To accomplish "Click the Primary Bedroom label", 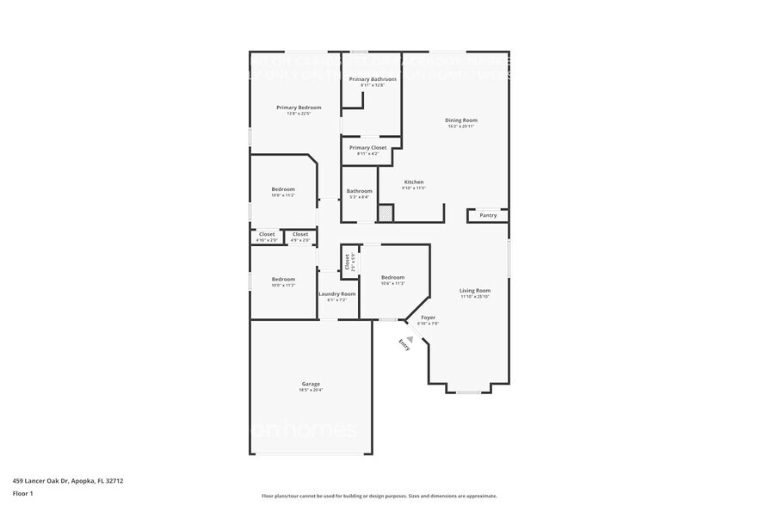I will click(x=299, y=108).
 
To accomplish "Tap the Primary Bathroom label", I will click(x=373, y=79).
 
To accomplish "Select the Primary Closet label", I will click(x=367, y=148).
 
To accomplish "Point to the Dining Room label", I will click(x=461, y=120).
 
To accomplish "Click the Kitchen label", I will click(x=414, y=182).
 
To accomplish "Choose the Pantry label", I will click(x=488, y=215).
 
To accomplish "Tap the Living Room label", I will click(x=474, y=291).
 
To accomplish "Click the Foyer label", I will click(x=428, y=318).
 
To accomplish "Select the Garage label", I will click(x=311, y=384).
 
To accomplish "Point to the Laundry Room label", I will click(x=336, y=294).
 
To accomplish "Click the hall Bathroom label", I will click(x=359, y=191).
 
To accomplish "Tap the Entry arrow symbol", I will click(x=411, y=339).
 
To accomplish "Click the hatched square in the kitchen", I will click(x=386, y=212).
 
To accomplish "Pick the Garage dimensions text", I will click(x=311, y=390).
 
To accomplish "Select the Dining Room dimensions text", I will click(x=461, y=126).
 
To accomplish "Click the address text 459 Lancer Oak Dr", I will click(x=68, y=481).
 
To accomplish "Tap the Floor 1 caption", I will click(x=23, y=493).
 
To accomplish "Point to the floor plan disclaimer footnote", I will click(x=379, y=497).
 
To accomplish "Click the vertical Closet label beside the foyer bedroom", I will click(x=348, y=263).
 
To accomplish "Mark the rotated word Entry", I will click(x=404, y=344).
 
